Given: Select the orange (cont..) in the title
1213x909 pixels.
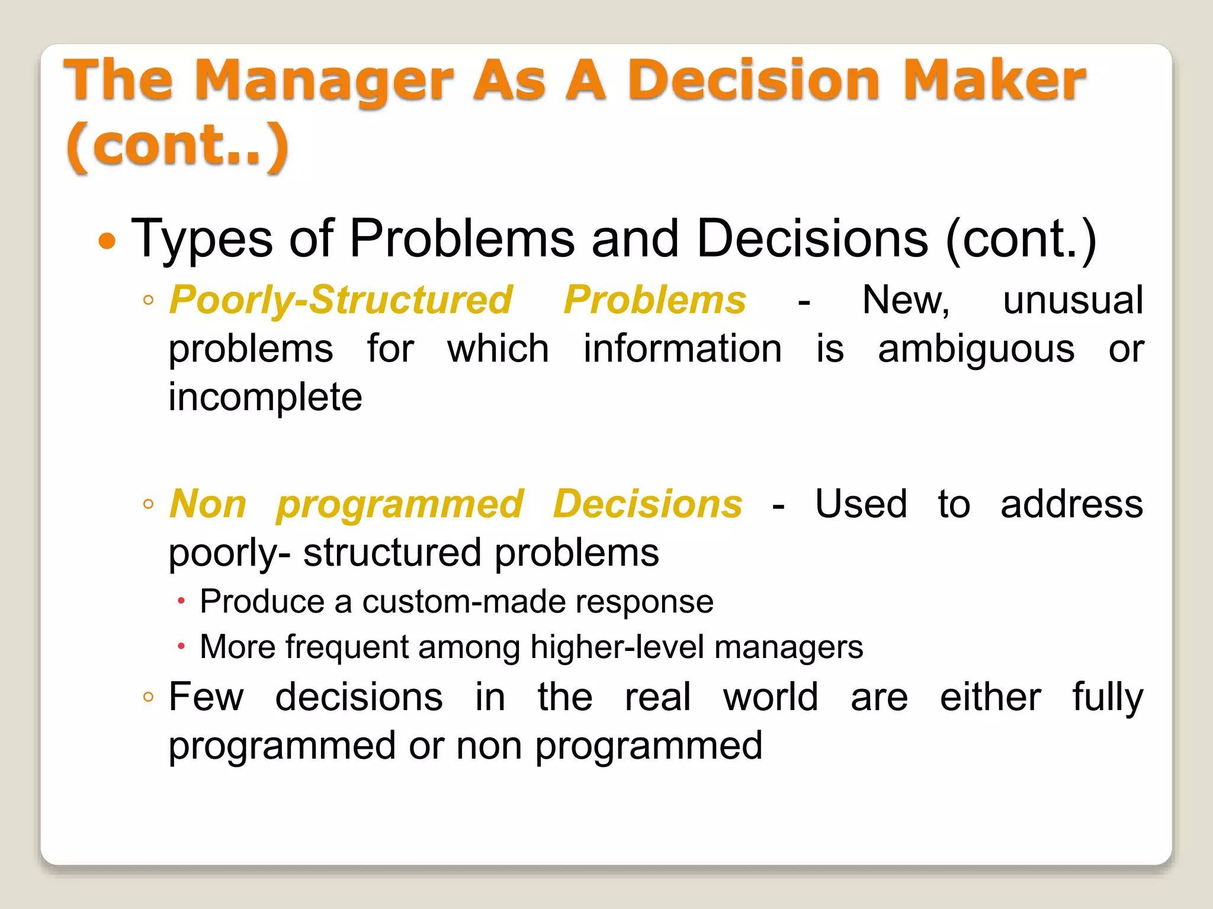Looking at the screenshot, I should click(177, 146).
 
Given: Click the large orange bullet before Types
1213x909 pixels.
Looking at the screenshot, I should click(107, 241).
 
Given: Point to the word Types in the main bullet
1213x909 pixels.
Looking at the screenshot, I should click(201, 240).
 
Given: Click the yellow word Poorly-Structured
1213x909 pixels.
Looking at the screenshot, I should click(341, 300).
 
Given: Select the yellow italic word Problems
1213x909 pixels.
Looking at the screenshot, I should click(654, 300).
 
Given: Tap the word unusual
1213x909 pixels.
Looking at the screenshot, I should click(1073, 300).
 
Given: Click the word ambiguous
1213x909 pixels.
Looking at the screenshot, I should click(975, 349).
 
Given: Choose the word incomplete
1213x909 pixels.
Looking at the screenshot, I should click(265, 397).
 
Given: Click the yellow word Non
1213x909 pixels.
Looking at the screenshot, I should click(207, 504).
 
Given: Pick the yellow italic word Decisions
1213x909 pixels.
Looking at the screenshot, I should click(647, 504).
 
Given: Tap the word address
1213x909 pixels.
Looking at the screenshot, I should click(1071, 504).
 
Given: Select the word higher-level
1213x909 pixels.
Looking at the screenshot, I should click(617, 647).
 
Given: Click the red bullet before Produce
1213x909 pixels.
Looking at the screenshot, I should click(181, 602).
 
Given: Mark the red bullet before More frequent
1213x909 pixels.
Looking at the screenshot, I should click(181, 646).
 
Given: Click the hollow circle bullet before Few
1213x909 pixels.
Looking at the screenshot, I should click(148, 697).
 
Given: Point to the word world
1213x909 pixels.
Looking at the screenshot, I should click(771, 697).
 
